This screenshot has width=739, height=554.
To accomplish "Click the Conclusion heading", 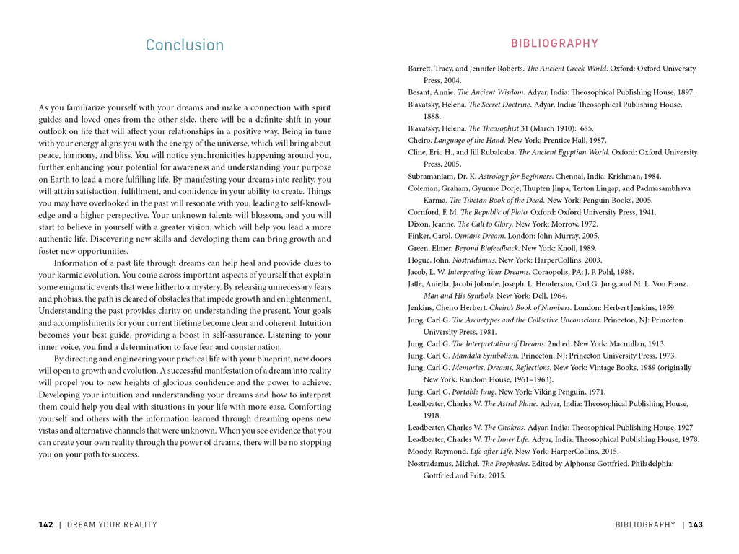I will click(x=185, y=45).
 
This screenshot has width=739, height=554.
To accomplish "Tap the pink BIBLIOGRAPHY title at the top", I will click(x=554, y=43).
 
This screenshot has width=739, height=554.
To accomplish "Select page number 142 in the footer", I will click(x=45, y=525).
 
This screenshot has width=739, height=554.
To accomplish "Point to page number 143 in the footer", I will click(x=695, y=525).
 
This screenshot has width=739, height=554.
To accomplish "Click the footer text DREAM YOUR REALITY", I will click(x=112, y=525).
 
